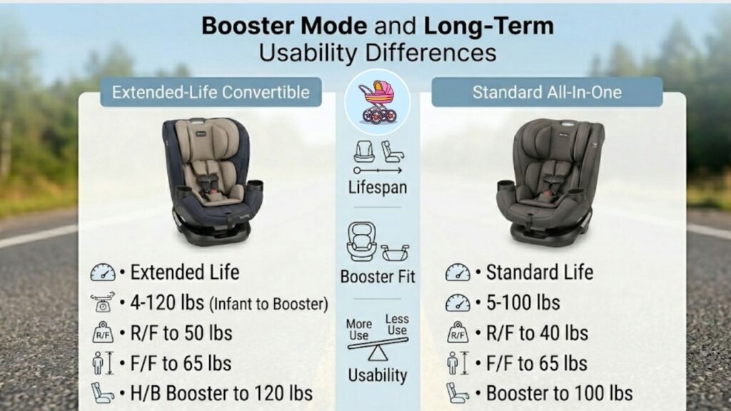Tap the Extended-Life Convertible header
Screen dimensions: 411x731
click(211, 92)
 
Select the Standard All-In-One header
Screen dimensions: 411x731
click(547, 92)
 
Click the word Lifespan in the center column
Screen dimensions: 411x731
click(377, 188)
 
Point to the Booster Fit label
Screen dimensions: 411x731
click(377, 276)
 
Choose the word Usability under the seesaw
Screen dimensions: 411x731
click(377, 375)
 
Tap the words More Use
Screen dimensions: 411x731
click(359, 329)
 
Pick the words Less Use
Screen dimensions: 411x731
click(396, 325)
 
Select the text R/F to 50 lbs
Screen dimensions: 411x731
click(181, 333)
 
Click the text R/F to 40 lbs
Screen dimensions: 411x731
click(537, 333)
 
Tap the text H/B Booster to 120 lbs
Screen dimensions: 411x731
click(221, 393)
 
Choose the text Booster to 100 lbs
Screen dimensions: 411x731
click(559, 393)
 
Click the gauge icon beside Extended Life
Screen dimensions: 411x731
click(103, 273)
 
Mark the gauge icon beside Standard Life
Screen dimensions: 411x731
click(458, 273)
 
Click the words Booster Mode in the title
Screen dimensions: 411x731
click(283, 26)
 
